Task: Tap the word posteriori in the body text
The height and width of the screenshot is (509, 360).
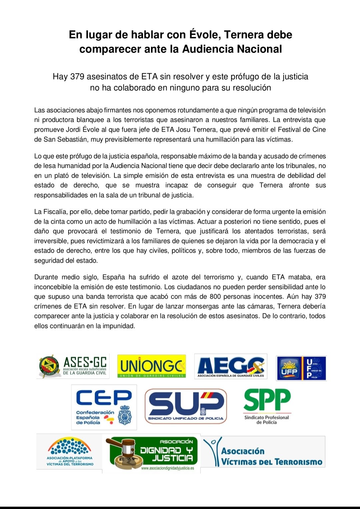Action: click(x=232, y=222)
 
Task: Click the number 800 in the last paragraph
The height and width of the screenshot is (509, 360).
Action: click(x=215, y=297)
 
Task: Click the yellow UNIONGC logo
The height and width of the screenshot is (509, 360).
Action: click(x=152, y=366)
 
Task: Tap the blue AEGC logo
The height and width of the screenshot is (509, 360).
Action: click(x=231, y=366)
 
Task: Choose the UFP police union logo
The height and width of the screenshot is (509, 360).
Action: click(x=301, y=368)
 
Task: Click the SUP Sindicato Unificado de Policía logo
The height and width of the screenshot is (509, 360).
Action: click(x=186, y=406)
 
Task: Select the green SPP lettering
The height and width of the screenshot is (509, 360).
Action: click(x=267, y=400)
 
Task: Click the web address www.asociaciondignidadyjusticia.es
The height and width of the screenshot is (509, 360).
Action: click(x=167, y=468)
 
